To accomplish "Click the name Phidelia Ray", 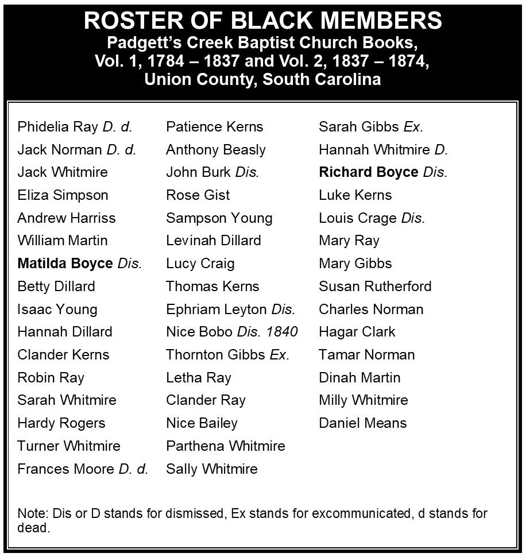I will pos(58,127).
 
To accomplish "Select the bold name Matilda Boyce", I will pos(65,264).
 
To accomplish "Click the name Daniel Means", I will pos(362,423).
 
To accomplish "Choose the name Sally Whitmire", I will pos(211,469).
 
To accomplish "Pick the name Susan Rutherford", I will pos(375,287).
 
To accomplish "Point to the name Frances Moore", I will pos(66,469).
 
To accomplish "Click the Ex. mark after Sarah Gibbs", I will pos(413,127).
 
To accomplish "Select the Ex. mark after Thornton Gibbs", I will pos(280,355).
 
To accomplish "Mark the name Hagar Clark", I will pos(357,332).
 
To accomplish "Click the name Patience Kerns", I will pos(214,127).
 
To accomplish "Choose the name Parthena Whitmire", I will pos(225,446).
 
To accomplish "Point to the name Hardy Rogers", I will pos(61,423).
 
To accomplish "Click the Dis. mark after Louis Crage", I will pos(413,218).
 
